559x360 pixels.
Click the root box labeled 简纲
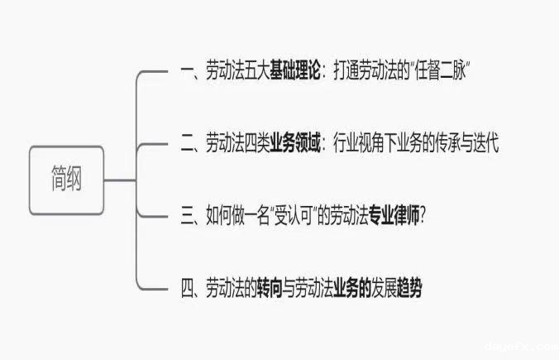tap(66, 180)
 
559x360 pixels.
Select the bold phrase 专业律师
tap(390, 216)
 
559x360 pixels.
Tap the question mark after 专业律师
tap(423, 216)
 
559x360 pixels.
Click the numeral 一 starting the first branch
tap(186, 72)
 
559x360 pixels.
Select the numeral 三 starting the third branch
tap(186, 216)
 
